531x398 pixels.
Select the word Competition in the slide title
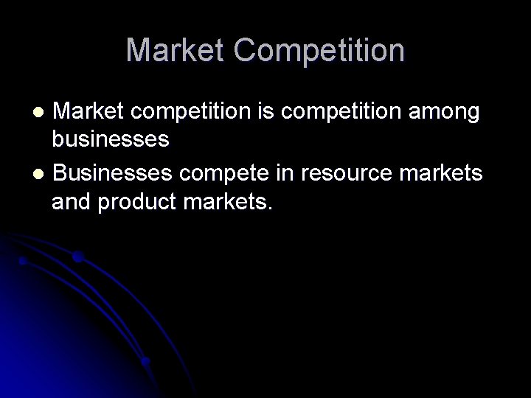[319, 50]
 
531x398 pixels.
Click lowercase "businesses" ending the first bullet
[111, 139]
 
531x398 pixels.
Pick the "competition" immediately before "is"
[195, 112]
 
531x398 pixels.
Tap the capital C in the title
[245, 50]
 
